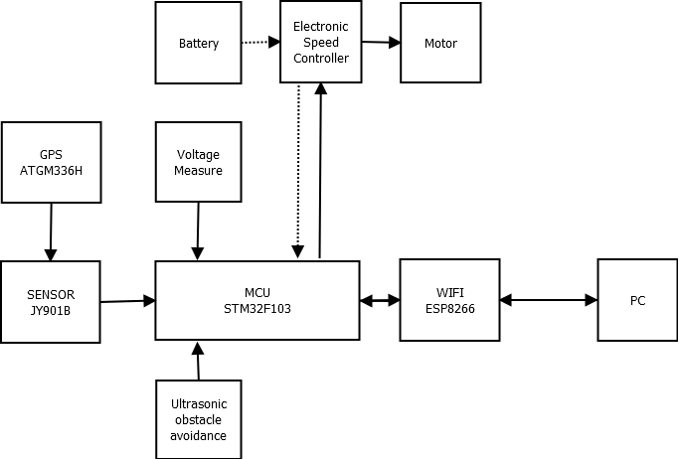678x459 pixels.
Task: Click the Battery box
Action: pyautogui.click(x=198, y=43)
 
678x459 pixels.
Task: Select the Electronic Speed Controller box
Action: pyautogui.click(x=320, y=43)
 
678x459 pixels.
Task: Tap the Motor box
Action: pyautogui.click(x=440, y=43)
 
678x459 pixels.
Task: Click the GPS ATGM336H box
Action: pyautogui.click(x=51, y=162)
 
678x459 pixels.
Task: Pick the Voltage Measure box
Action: pyautogui.click(x=198, y=162)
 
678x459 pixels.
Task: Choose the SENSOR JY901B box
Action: pyautogui.click(x=51, y=302)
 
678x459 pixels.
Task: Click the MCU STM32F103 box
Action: pyautogui.click(x=257, y=302)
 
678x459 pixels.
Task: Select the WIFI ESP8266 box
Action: pyautogui.click(x=449, y=300)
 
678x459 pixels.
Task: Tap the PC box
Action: pyautogui.click(x=637, y=300)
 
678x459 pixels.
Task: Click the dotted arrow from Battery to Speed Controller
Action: pyautogui.click(x=260, y=43)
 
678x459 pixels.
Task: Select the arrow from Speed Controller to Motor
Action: pyautogui.click(x=380, y=42)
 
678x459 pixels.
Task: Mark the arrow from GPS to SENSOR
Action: pyautogui.click(x=50, y=231)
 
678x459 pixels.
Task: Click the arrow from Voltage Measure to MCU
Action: pyautogui.click(x=198, y=231)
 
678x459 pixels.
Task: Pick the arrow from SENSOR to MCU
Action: pyautogui.click(x=128, y=300)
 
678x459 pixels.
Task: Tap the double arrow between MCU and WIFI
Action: pyautogui.click(x=380, y=300)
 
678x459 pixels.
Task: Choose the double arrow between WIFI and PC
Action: pyautogui.click(x=548, y=299)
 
